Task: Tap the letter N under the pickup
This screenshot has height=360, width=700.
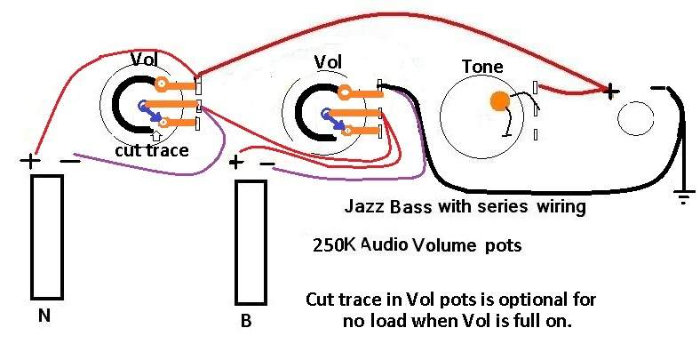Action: click(x=44, y=316)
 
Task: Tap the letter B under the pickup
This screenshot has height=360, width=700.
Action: click(x=246, y=321)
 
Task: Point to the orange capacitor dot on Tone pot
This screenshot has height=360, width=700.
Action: click(x=500, y=101)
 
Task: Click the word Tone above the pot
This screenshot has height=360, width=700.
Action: click(x=482, y=67)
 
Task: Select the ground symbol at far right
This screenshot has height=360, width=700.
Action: click(x=684, y=196)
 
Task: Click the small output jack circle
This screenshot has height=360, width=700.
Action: click(x=636, y=118)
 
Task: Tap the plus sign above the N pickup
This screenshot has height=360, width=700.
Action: click(x=30, y=160)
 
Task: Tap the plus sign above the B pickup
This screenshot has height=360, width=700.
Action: click(x=235, y=162)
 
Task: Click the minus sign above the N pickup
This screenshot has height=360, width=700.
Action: click(x=70, y=160)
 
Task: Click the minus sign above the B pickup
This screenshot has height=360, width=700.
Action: click(x=267, y=164)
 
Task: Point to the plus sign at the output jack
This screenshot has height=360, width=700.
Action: click(x=611, y=92)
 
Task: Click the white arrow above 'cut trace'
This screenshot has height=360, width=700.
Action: click(x=156, y=136)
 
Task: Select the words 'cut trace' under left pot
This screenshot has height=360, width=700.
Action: click(x=152, y=150)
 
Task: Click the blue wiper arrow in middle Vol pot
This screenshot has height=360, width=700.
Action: click(x=335, y=120)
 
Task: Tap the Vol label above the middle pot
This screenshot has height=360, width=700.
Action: click(x=328, y=62)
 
